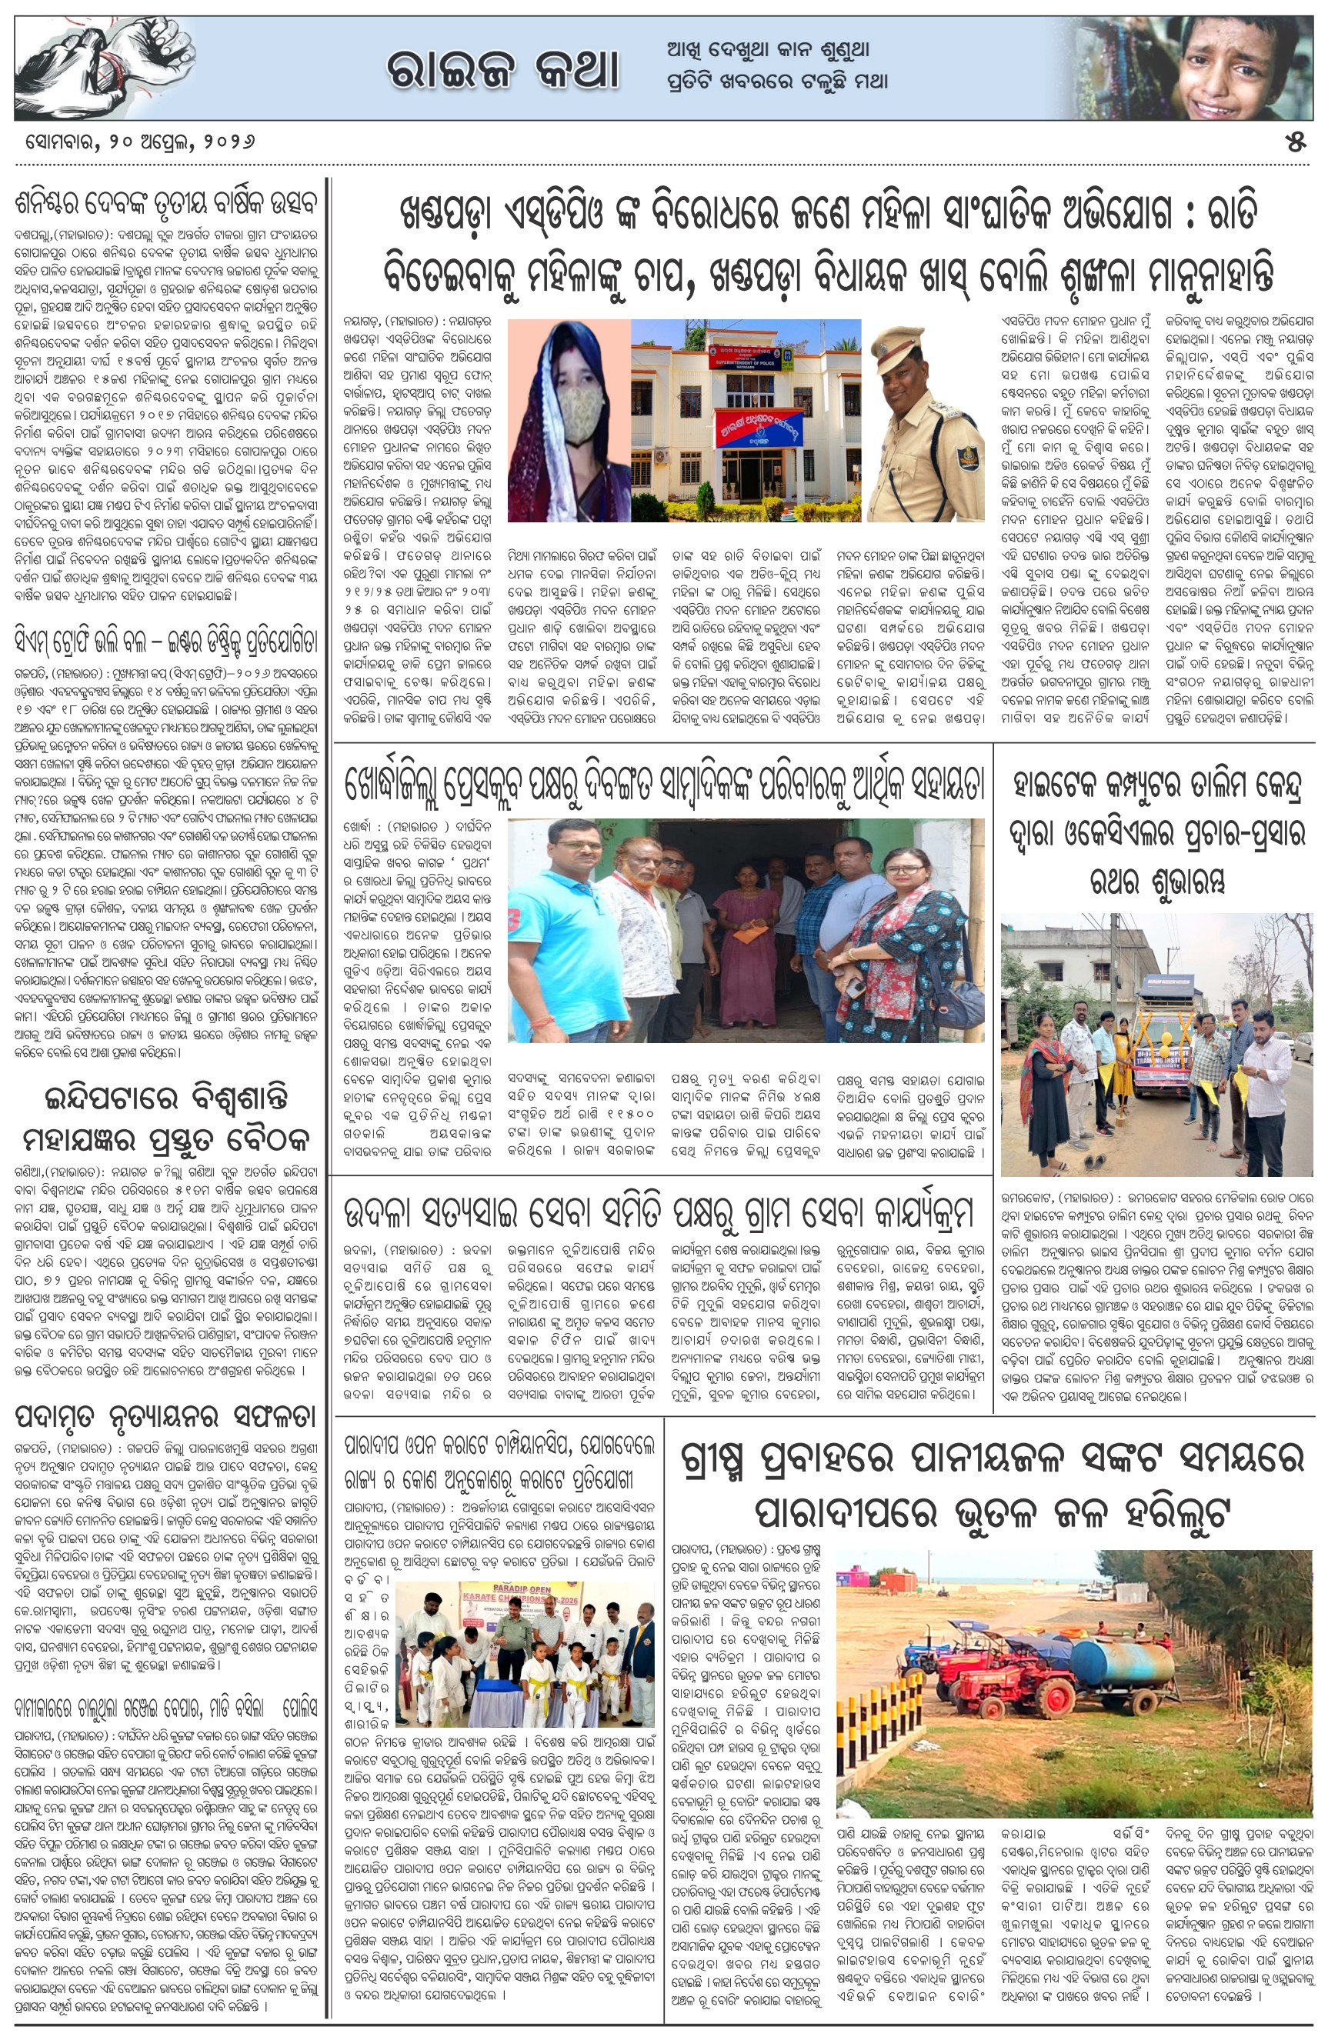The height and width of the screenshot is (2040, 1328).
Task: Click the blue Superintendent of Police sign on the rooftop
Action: (x=745, y=355)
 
